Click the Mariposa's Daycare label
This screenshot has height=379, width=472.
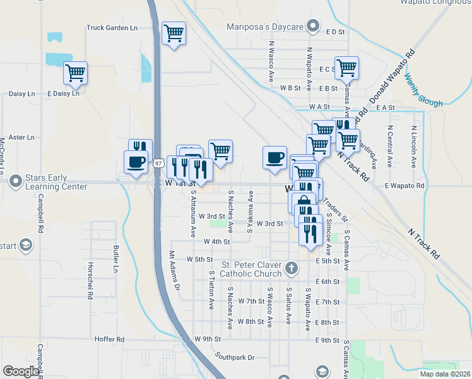(x=266, y=27)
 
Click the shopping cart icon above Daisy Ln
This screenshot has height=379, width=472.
(x=75, y=73)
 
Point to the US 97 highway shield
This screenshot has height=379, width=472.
(x=158, y=163)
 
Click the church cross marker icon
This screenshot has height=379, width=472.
(x=291, y=268)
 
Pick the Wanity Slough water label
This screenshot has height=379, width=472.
(x=423, y=89)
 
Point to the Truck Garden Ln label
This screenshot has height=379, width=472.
(x=112, y=28)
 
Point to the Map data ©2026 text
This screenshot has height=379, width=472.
(x=445, y=374)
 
